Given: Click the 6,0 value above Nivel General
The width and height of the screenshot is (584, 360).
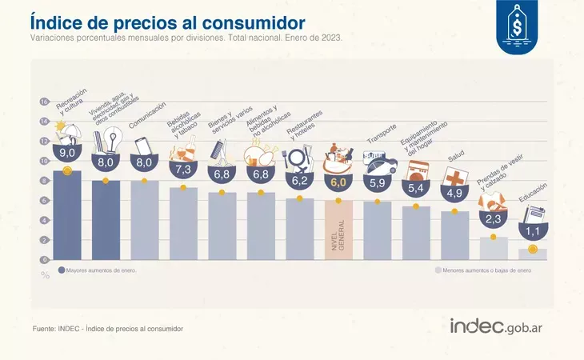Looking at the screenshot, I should (x=338, y=182).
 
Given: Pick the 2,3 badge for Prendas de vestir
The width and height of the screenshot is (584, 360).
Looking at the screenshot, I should (x=493, y=218).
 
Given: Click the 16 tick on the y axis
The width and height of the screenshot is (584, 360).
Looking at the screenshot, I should (x=45, y=102).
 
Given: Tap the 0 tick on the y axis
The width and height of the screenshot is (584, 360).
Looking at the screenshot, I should (x=46, y=260).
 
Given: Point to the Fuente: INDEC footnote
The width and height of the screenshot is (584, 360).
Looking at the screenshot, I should (x=108, y=329).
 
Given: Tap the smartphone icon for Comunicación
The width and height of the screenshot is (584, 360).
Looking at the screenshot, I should (x=143, y=146).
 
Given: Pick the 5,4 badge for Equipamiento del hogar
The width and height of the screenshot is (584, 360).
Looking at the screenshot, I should (x=415, y=189).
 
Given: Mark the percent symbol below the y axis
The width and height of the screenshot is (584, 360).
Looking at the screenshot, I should (x=45, y=275).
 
